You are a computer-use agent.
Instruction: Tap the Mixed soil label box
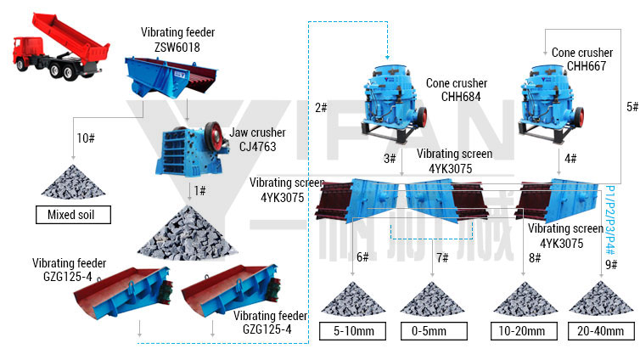pos(74,215)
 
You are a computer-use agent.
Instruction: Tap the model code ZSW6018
pos(177,47)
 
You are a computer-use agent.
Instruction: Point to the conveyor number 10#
pos(85,138)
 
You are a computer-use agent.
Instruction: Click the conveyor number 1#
pos(200,190)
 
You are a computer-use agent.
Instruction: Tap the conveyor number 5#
pos(632,107)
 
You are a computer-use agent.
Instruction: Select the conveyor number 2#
pos(321,108)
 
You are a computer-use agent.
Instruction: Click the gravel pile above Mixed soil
pos(72,181)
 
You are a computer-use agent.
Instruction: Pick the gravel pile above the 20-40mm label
pos(601,300)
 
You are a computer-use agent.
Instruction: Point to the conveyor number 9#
pos(611,265)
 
